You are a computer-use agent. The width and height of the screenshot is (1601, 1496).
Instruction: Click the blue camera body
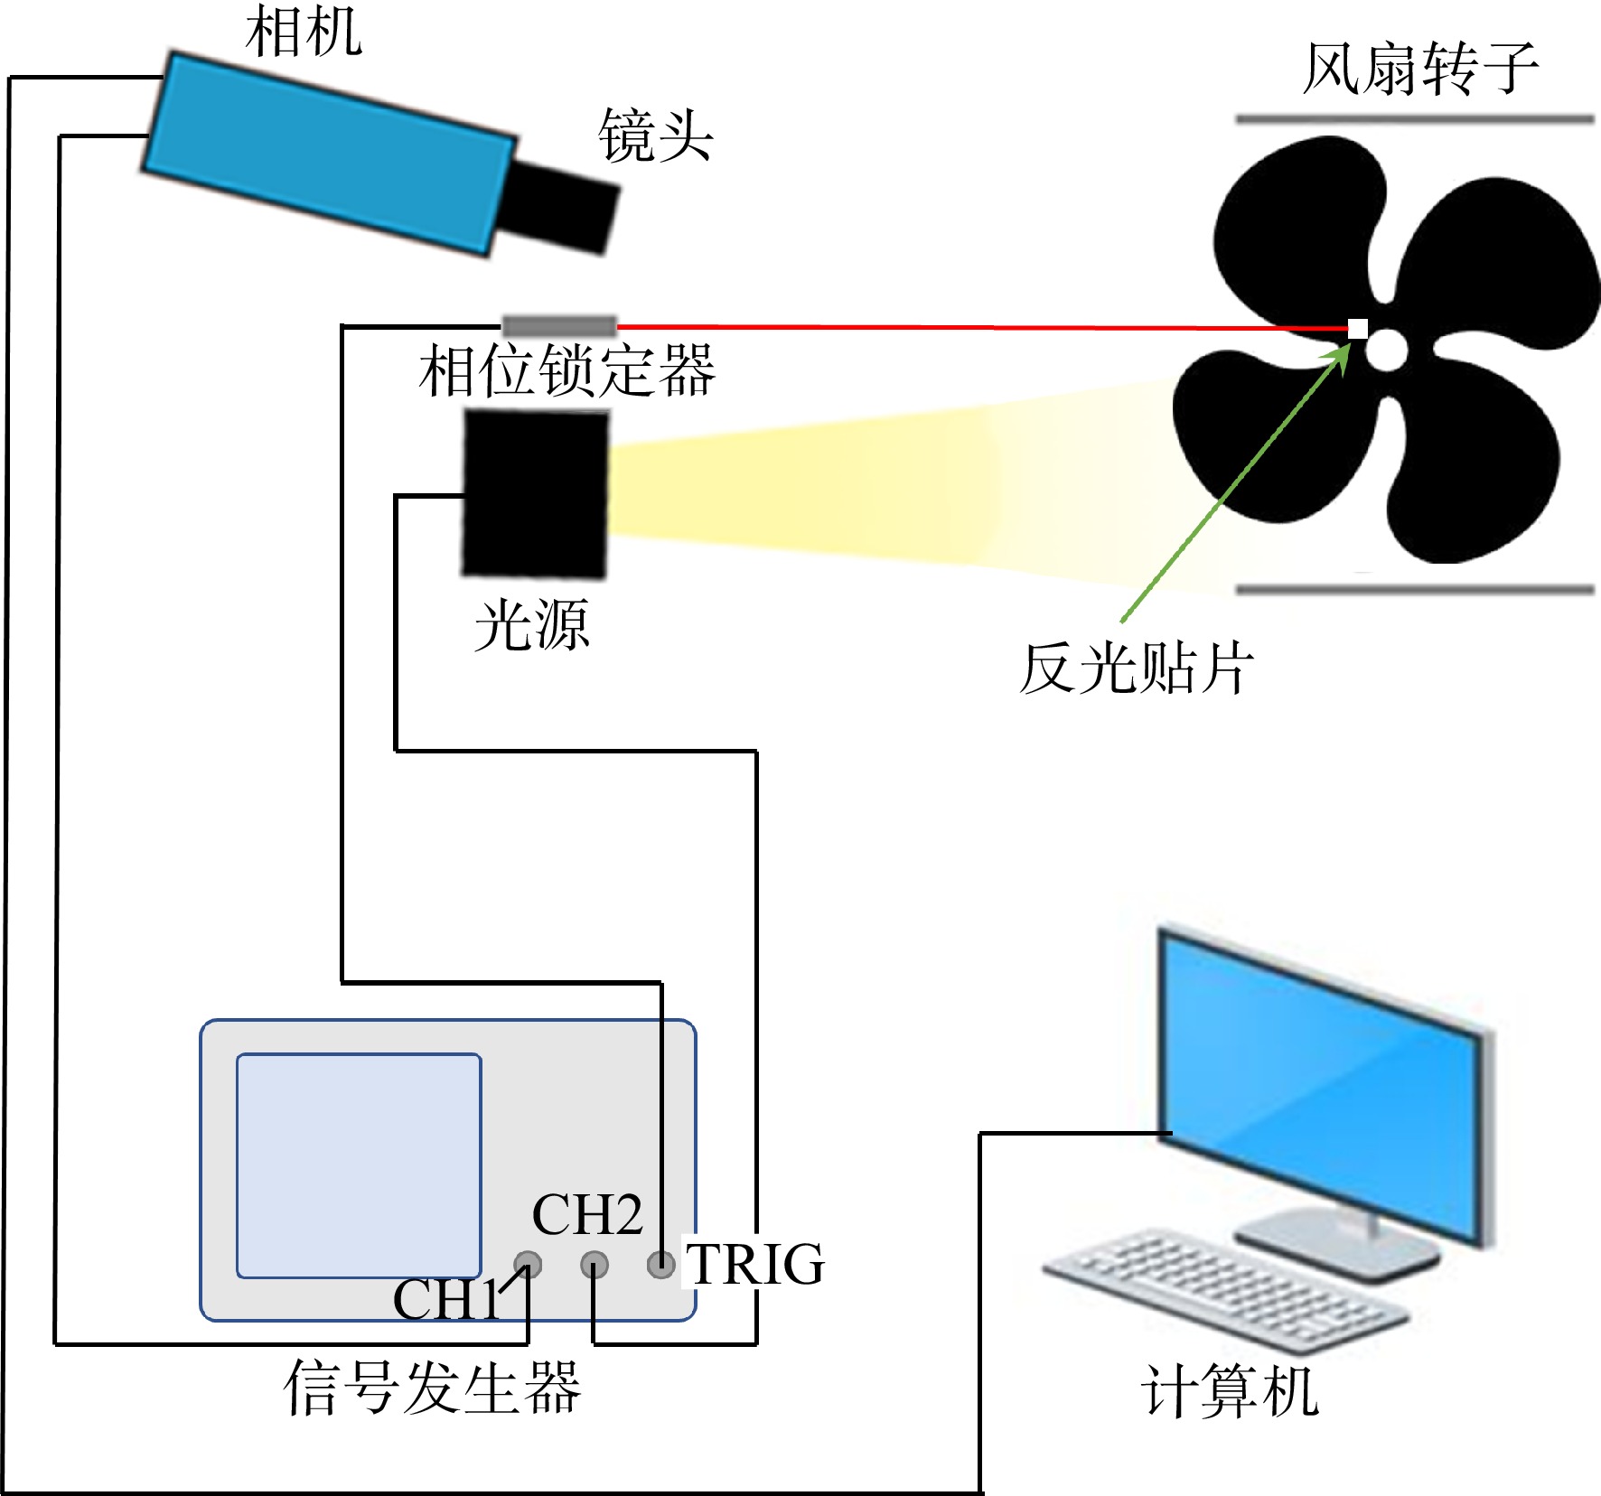[x=330, y=154]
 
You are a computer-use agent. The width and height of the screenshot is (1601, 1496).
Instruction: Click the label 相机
[x=304, y=32]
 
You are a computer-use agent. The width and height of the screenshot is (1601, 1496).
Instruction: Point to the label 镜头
[x=655, y=136]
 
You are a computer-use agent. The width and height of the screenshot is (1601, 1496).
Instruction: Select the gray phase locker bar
[x=559, y=325]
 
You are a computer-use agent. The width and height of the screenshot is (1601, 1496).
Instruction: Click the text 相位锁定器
[x=566, y=370]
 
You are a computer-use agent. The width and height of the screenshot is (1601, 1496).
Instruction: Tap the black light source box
[x=536, y=493]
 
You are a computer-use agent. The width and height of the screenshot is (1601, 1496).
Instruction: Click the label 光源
[x=531, y=624]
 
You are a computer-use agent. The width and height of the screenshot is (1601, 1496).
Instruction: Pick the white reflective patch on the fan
[x=1357, y=329]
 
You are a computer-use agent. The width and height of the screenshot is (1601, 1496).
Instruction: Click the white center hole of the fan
[x=1386, y=350]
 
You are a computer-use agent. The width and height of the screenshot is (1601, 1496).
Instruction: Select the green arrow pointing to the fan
[x=1235, y=483]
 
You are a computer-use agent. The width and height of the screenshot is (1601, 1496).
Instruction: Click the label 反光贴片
[x=1137, y=669]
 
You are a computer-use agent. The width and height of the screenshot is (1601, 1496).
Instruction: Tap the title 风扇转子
[x=1420, y=69]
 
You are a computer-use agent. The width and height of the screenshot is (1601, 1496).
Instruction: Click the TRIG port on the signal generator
[x=661, y=1264]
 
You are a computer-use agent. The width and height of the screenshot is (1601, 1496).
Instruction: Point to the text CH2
[x=587, y=1214]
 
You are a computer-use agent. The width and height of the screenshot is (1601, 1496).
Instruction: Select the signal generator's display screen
[x=359, y=1165]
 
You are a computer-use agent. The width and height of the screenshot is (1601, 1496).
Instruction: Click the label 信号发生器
[x=432, y=1387]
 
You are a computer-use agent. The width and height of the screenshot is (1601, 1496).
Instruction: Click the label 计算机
[x=1230, y=1391]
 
